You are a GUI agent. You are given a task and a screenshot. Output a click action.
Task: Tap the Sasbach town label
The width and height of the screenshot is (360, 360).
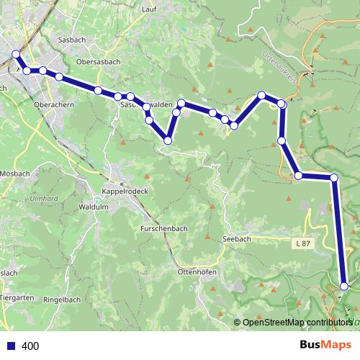click(x=73, y=40)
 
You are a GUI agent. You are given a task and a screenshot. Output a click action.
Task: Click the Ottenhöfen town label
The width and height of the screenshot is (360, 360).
click(x=197, y=272)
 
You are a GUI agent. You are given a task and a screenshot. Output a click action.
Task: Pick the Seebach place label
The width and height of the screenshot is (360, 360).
click(x=238, y=238)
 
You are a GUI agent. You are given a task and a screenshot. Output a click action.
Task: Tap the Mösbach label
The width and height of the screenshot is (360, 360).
click(x=14, y=175)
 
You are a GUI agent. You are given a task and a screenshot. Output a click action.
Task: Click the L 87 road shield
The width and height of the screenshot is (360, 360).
click(x=302, y=245)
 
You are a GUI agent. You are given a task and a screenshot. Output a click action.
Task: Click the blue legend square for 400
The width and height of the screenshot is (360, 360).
click(x=9, y=346)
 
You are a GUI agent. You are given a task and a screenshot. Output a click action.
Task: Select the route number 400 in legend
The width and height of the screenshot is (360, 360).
click(x=30, y=346)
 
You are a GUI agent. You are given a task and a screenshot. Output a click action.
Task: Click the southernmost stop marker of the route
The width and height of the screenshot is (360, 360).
click(x=344, y=286)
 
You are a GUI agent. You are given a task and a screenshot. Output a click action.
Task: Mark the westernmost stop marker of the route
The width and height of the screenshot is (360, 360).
click(x=16, y=54)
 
